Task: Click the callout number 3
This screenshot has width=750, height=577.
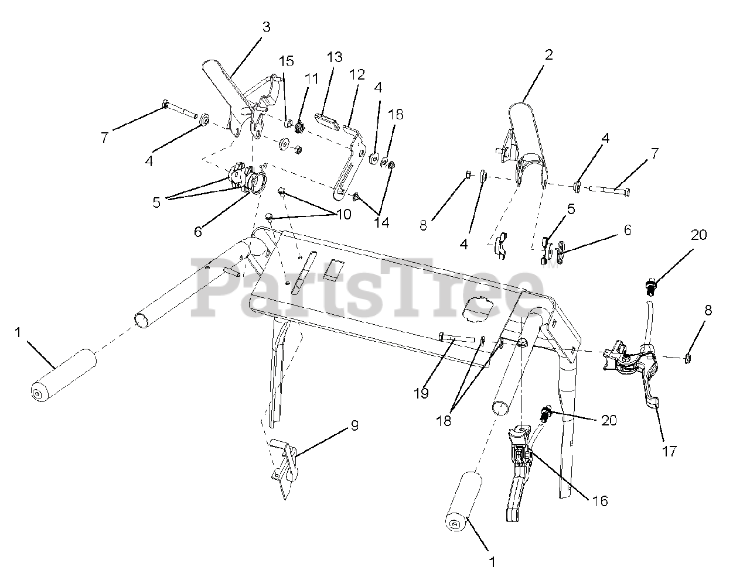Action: click(x=266, y=27)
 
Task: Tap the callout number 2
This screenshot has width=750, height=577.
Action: click(x=548, y=55)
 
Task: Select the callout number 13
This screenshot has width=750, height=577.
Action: click(x=334, y=57)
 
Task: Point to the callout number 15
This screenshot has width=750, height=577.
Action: click(x=286, y=61)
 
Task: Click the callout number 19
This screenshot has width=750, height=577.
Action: click(x=421, y=393)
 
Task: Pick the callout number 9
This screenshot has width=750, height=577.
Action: click(x=354, y=425)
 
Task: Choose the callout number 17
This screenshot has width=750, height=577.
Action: click(x=669, y=451)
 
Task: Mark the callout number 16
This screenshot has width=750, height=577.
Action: click(x=599, y=501)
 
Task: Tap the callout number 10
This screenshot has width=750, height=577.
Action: click(x=343, y=214)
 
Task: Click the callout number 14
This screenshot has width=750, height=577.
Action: click(x=381, y=222)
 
